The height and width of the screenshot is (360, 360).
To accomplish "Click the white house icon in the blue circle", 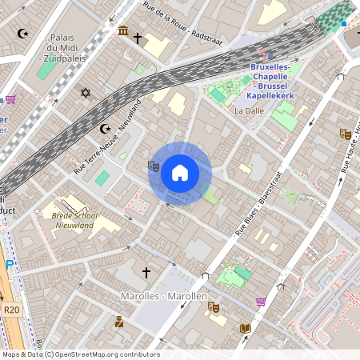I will (x=180, y=173).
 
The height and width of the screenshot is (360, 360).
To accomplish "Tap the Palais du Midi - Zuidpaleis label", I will (x=62, y=47).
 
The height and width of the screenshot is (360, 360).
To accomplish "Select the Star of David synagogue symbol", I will (x=86, y=94).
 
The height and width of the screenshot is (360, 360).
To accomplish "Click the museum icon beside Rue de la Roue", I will (x=122, y=31).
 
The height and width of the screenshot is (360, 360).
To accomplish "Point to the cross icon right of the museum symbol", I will (x=138, y=38).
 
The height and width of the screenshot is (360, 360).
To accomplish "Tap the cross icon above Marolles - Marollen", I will (x=146, y=273).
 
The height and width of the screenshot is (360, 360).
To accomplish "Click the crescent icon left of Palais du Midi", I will (x=22, y=34).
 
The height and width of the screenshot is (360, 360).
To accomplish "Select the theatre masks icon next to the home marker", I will (x=153, y=166).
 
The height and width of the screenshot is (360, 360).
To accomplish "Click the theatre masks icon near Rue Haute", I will (x=346, y=134).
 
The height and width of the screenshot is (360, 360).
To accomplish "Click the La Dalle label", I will (x=249, y=111).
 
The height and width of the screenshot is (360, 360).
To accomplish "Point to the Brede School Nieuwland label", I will (x=72, y=220).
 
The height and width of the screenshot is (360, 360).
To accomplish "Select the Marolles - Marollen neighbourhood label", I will (x=163, y=296).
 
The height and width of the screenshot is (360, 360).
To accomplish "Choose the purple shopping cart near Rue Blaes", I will (x=261, y=302).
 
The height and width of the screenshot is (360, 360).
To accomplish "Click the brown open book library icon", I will (x=245, y=328).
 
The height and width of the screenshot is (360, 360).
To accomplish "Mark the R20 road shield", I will (x=11, y=310).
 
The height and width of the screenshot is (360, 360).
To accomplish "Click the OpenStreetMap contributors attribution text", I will (x=80, y=354).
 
